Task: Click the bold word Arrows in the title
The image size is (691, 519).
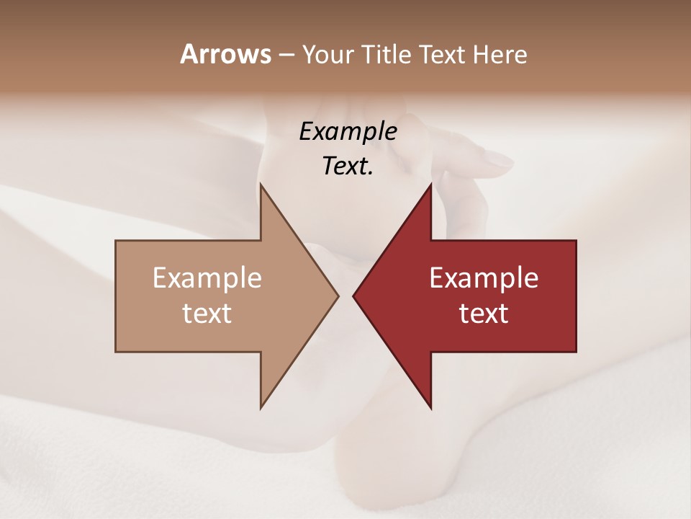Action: tap(225, 54)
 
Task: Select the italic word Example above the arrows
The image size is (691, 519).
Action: tap(348, 132)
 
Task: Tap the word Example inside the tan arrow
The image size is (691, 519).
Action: tap(207, 278)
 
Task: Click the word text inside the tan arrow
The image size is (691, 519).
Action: tap(207, 314)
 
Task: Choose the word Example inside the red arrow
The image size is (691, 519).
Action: tap(484, 278)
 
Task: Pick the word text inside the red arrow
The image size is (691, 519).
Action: tap(484, 314)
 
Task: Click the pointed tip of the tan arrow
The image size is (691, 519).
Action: tap(338, 296)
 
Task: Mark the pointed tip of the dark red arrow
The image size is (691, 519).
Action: tap(354, 296)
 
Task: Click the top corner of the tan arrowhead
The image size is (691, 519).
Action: tap(261, 184)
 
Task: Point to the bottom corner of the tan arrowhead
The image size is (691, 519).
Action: tap(261, 408)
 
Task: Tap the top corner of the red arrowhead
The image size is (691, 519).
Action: tap(431, 184)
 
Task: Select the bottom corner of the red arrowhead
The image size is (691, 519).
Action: tap(431, 408)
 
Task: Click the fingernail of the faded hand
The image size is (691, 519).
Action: tap(496, 159)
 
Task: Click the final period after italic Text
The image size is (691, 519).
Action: tap(371, 174)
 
